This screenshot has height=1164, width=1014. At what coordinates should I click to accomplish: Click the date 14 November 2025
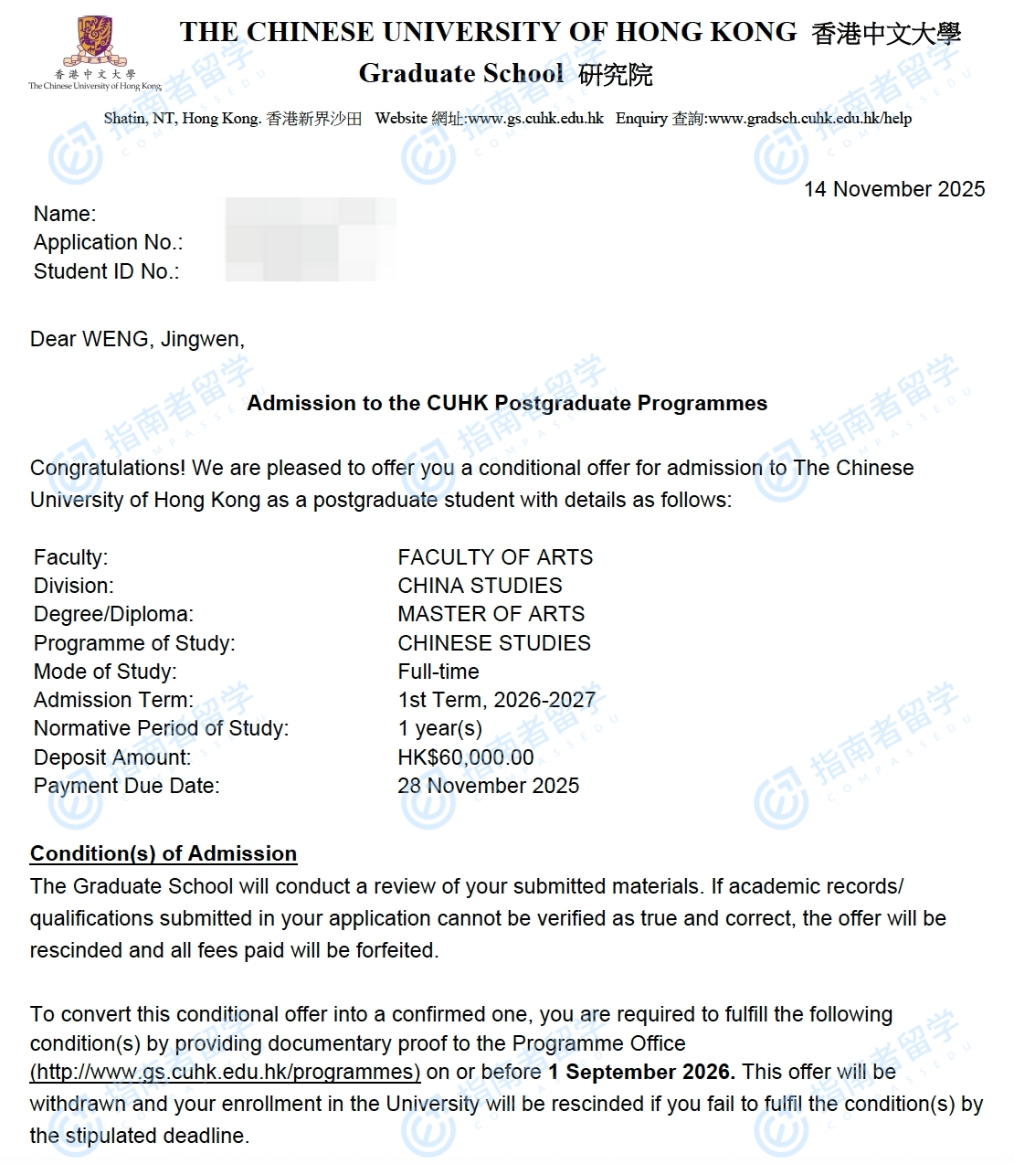[893, 189]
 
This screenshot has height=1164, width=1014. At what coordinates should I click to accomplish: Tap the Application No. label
[108, 242]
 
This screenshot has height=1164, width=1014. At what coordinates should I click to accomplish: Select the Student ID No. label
[106, 271]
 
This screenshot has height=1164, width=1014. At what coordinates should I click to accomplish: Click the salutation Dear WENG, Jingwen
[137, 339]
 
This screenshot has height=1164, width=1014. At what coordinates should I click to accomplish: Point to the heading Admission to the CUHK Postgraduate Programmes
[507, 403]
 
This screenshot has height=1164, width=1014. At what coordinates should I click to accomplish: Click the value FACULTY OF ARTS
[495, 557]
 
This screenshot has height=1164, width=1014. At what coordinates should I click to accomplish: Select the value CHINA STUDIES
[480, 586]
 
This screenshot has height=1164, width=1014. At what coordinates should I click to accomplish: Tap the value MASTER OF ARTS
[491, 614]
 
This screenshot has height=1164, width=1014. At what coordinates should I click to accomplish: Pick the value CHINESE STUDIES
[494, 643]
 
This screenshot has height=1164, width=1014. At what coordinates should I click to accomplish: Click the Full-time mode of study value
[438, 672]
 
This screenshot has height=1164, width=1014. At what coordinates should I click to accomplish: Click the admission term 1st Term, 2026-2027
[496, 700]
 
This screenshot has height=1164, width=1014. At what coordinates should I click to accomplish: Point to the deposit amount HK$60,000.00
[466, 757]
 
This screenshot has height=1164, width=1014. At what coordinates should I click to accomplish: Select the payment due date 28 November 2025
[488, 786]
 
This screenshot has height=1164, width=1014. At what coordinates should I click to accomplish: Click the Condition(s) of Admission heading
[164, 853]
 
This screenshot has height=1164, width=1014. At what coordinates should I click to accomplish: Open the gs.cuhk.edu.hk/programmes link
[226, 1072]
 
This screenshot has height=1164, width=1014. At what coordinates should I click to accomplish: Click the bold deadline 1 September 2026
[641, 1072]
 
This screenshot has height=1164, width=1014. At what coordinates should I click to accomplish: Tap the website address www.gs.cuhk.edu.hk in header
[535, 118]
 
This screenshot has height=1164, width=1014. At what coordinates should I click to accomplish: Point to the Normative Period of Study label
[161, 728]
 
